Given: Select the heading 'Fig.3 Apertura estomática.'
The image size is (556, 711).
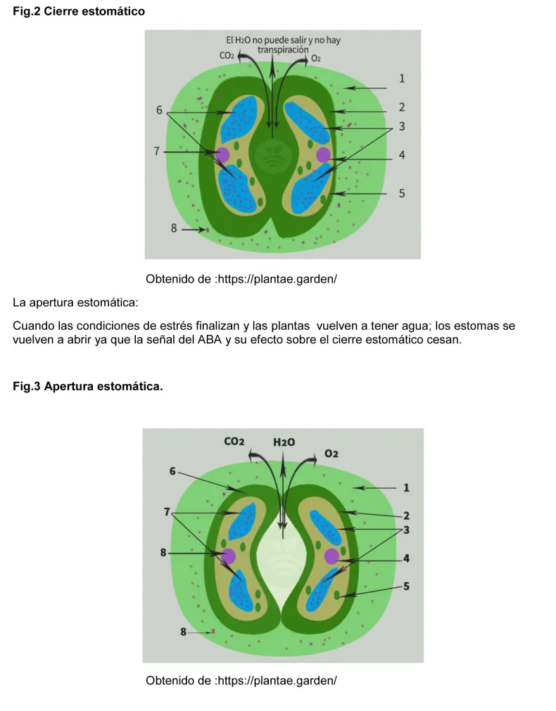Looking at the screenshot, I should [88, 387].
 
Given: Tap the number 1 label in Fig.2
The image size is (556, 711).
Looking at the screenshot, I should [402, 79].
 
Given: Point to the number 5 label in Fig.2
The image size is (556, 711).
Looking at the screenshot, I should [402, 193].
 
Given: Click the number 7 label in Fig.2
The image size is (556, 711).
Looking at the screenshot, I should [157, 150].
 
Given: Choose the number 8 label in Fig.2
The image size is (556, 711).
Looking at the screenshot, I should [174, 228].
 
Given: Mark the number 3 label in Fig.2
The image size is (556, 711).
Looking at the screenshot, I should [402, 127].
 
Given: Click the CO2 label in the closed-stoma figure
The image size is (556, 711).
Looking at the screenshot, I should [227, 56].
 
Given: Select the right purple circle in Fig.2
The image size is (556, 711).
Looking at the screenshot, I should [323, 155].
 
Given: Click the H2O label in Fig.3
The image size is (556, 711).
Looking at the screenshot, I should [284, 442].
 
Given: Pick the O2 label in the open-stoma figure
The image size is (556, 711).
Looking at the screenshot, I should [331, 454].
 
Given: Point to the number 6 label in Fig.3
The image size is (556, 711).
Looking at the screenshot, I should [172, 471].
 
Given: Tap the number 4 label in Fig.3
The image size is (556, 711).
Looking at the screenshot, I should [407, 558].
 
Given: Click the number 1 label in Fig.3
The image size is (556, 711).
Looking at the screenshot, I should [407, 487].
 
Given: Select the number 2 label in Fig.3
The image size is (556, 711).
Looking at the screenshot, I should [407, 515].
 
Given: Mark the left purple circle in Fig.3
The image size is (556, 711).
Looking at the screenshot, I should [227, 556].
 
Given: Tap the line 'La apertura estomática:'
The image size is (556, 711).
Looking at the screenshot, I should [76, 304].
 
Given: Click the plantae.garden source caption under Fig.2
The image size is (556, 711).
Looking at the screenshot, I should [241, 279].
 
